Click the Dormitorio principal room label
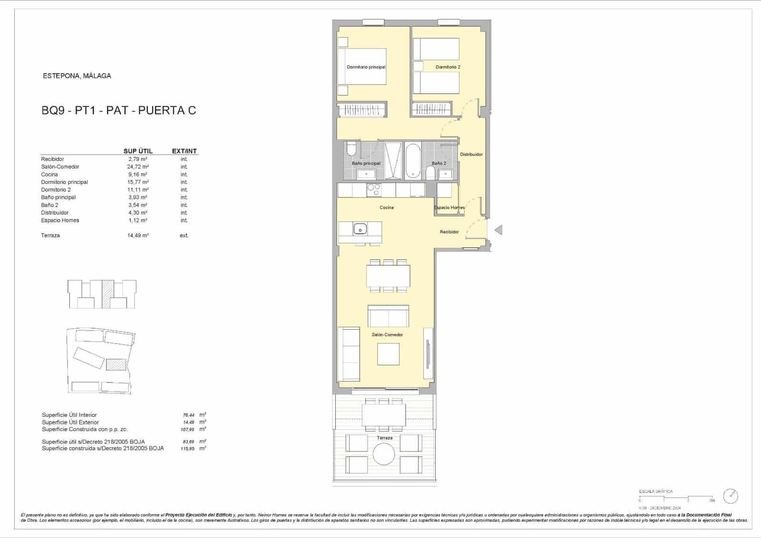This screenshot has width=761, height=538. click(x=366, y=67)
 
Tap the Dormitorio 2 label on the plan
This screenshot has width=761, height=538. click(x=448, y=67)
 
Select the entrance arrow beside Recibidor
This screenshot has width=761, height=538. click(x=498, y=230)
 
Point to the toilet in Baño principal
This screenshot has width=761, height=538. click(x=351, y=149)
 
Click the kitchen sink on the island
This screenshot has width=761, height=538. click(x=360, y=229)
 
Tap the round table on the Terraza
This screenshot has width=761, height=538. click(x=383, y=454)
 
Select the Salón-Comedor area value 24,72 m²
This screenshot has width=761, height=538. click(x=138, y=167)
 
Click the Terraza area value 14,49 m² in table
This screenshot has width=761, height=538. click(x=138, y=235)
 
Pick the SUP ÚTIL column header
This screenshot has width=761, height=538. click(x=138, y=151)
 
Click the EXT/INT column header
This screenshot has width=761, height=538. click(x=184, y=151)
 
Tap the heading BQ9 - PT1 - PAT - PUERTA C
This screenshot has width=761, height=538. click(x=119, y=110)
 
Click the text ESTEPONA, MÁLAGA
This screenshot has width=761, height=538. click(x=77, y=76)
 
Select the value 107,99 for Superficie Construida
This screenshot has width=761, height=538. click(x=187, y=430)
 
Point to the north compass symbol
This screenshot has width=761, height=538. click(x=730, y=496)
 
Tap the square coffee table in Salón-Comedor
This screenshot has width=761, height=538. click(x=388, y=354)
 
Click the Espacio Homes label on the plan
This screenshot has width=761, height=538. click(x=449, y=207)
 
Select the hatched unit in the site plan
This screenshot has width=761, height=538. click(x=116, y=364)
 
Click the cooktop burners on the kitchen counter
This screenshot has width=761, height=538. click(x=374, y=190)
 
